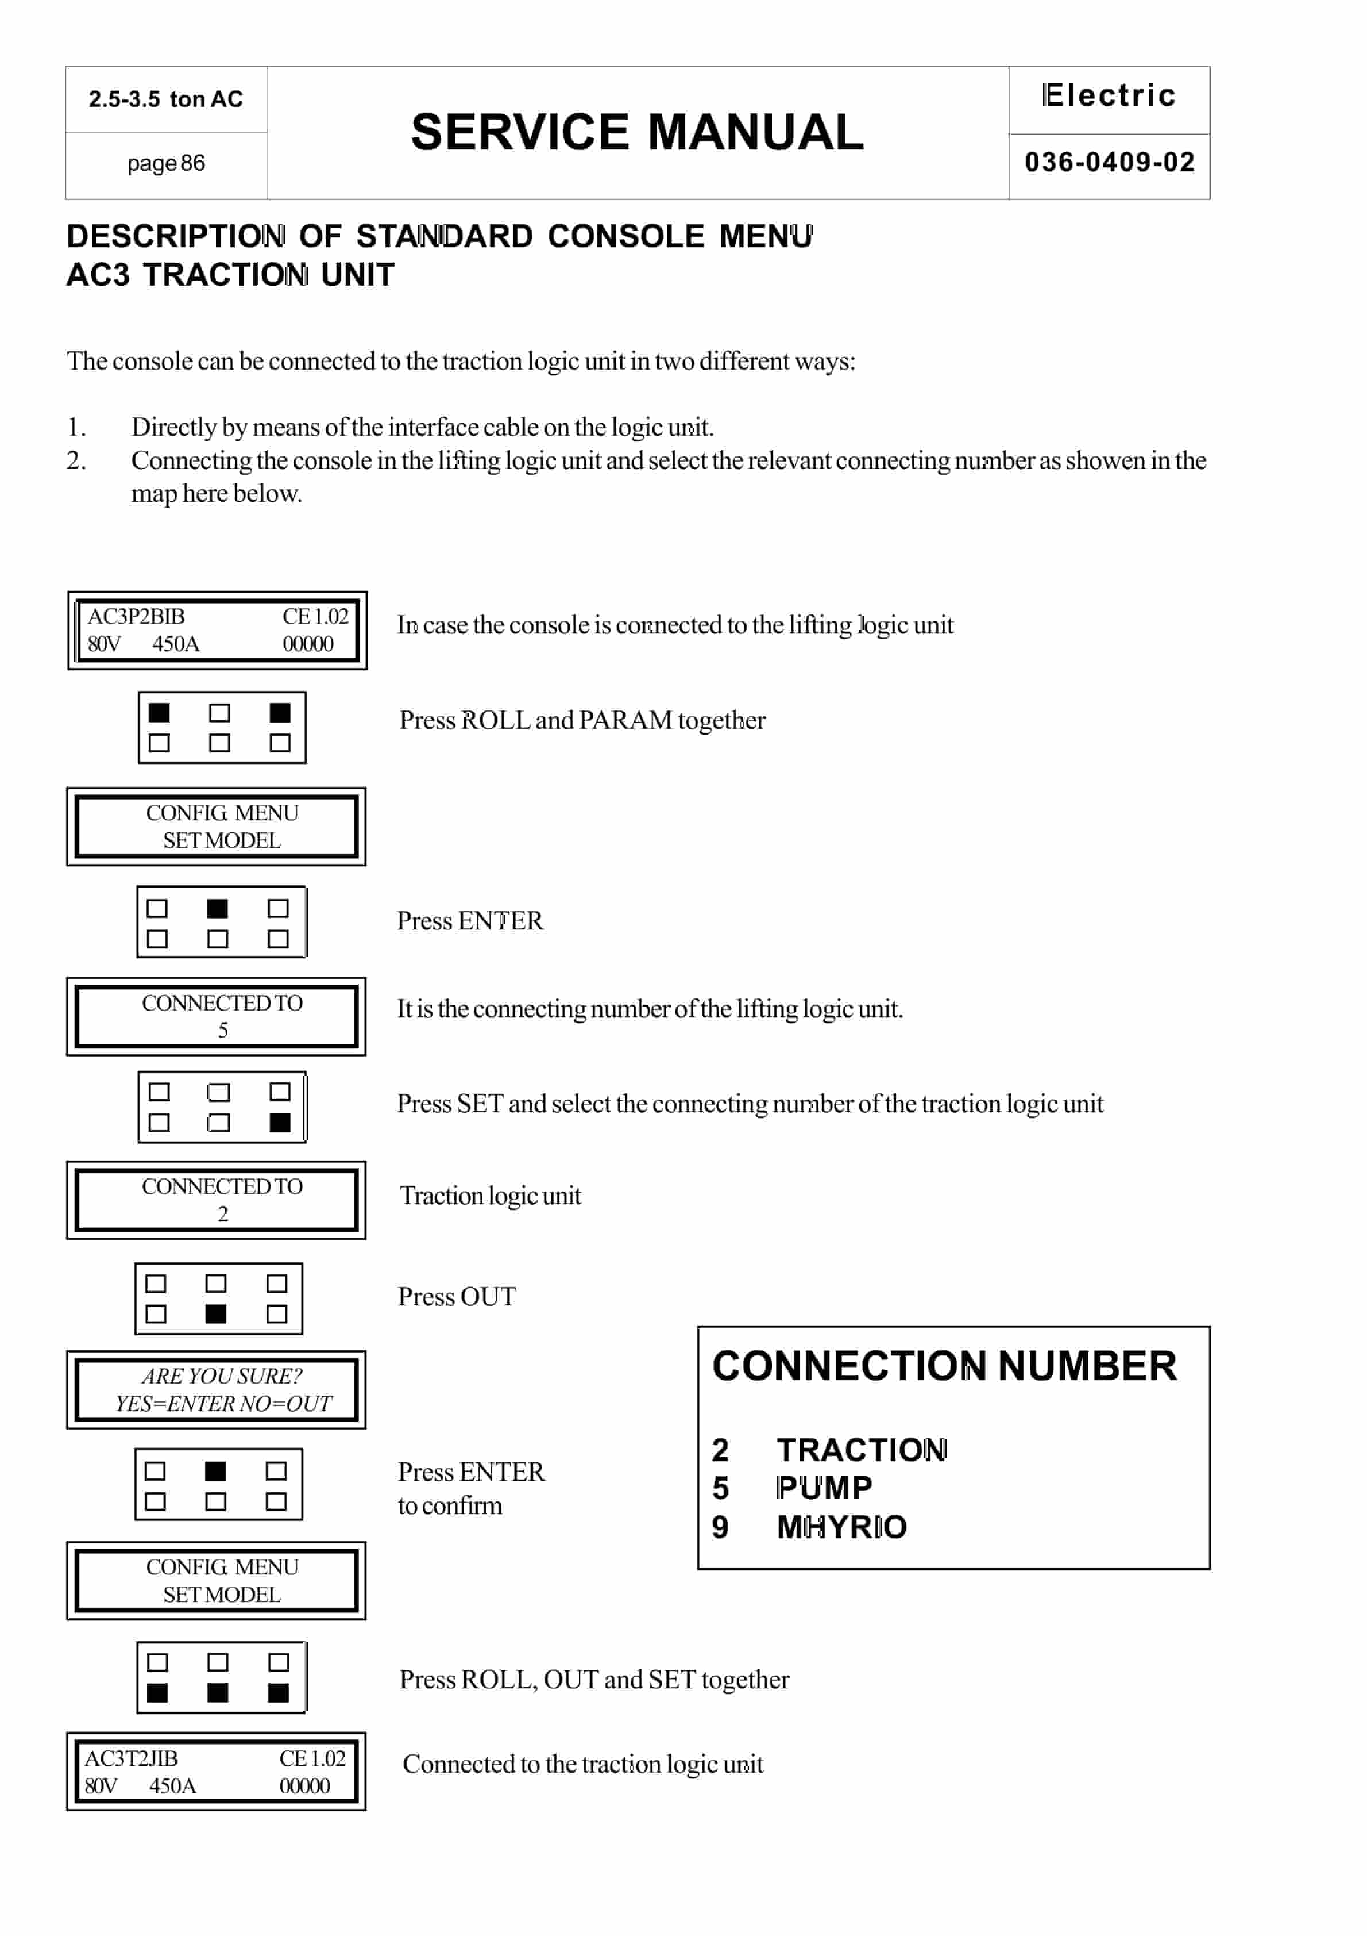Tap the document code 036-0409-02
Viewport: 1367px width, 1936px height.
[x=1109, y=162]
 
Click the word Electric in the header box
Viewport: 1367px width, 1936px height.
[x=1109, y=95]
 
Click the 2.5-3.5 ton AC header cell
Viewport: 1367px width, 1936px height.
[x=166, y=99]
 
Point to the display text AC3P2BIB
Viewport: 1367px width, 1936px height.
[x=136, y=616]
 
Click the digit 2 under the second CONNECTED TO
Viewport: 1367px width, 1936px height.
[x=222, y=1213]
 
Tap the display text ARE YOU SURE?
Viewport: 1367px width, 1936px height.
[x=222, y=1376]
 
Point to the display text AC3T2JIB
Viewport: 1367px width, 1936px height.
[x=132, y=1758]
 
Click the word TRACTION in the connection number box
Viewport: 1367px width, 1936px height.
[x=862, y=1450]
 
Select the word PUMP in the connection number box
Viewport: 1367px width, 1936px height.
[x=824, y=1488]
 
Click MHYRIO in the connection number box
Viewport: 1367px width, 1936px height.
[x=841, y=1527]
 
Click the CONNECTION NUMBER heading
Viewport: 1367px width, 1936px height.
[x=944, y=1366]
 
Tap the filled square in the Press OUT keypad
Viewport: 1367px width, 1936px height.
[x=216, y=1313]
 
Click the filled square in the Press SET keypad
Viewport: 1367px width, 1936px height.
[x=280, y=1122]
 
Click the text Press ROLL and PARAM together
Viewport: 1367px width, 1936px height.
[x=581, y=720]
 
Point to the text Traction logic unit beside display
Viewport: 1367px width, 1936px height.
[x=491, y=1196]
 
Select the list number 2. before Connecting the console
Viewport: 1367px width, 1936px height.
[x=76, y=460]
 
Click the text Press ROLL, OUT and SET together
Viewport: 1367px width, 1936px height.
[x=594, y=1680]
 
